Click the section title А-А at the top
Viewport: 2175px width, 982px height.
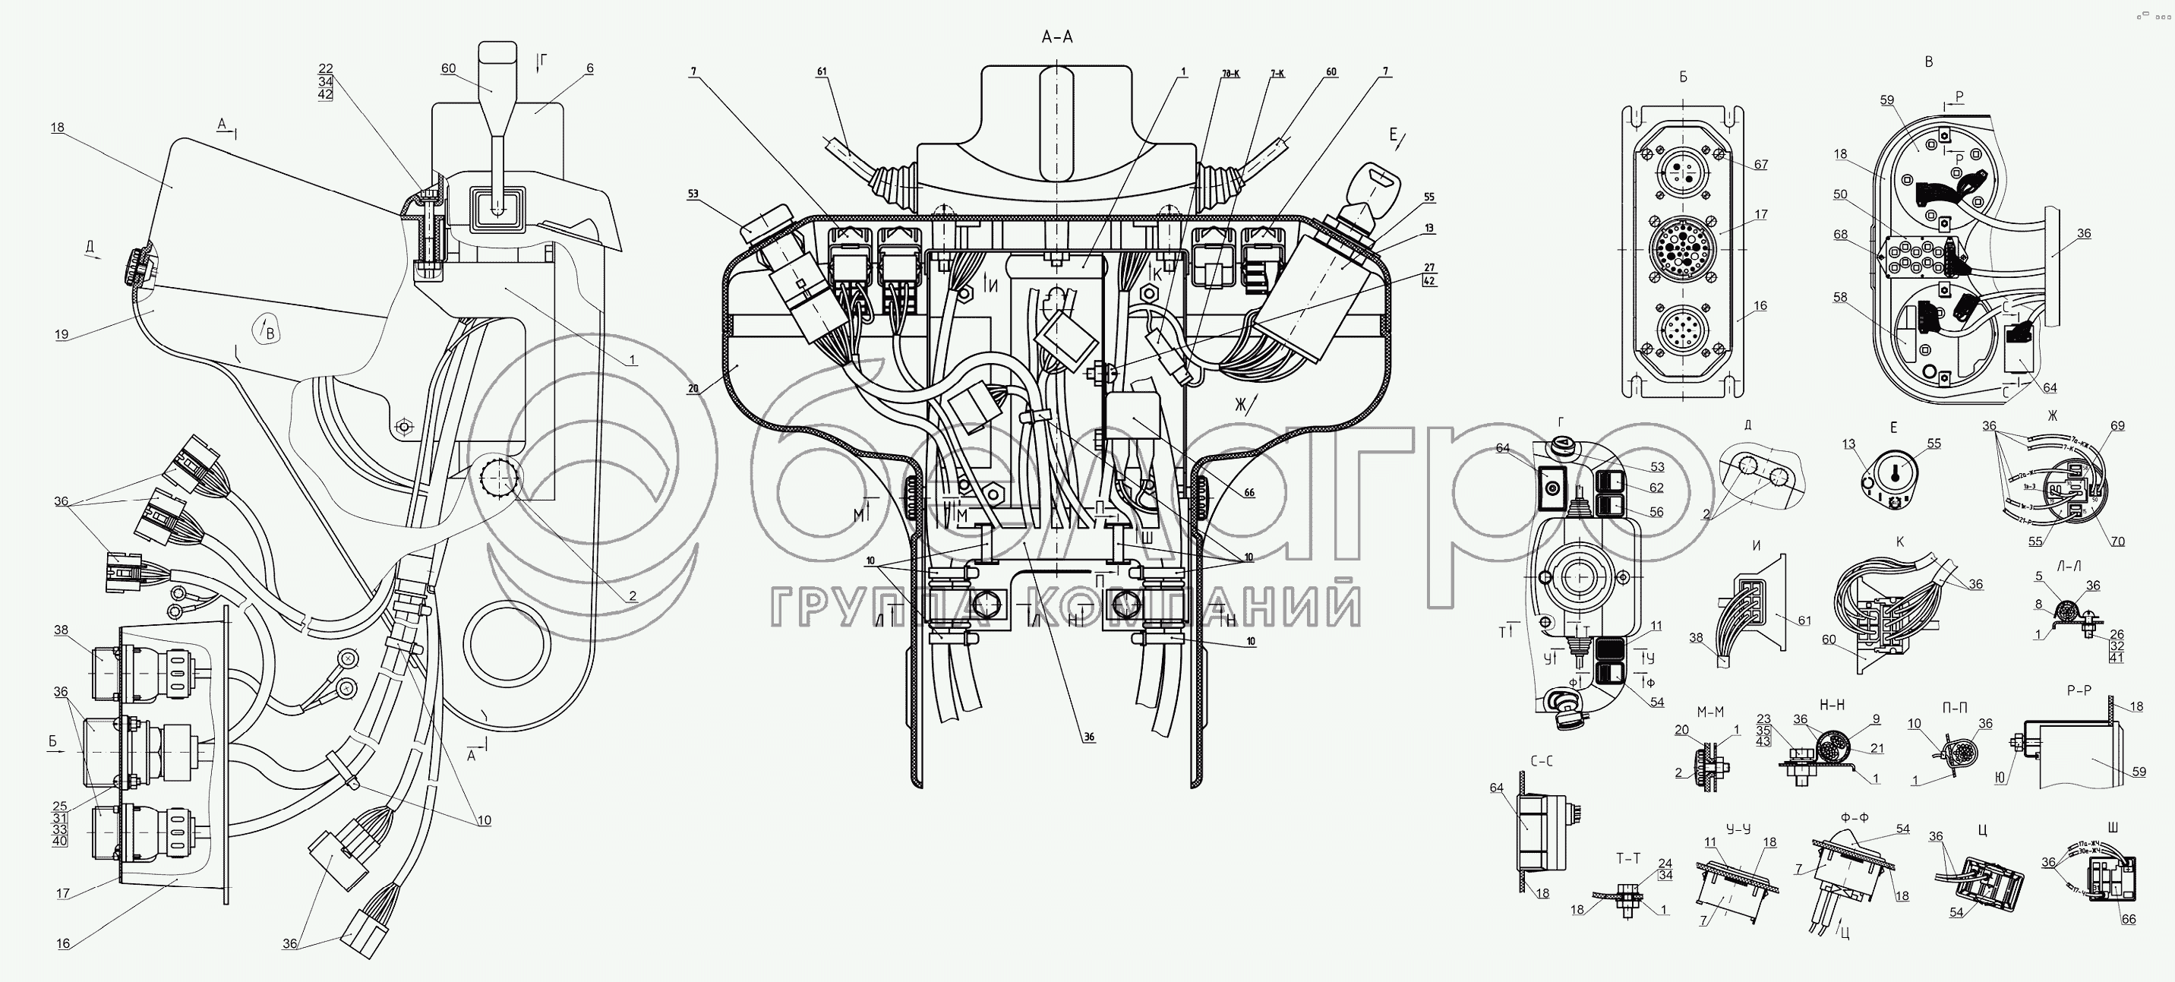(x=1057, y=37)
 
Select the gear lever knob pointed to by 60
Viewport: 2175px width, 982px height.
(x=497, y=66)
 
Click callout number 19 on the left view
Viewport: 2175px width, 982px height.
(x=62, y=334)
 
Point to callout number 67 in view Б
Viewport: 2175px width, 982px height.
(x=1760, y=165)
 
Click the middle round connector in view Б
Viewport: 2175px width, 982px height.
(x=1683, y=248)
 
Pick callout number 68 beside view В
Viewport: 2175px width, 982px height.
(x=1841, y=235)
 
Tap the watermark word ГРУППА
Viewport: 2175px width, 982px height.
(x=883, y=605)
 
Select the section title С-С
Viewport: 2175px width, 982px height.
(x=1541, y=761)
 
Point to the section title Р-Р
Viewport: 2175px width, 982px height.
(x=2079, y=690)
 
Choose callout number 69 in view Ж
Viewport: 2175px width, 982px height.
(x=2117, y=425)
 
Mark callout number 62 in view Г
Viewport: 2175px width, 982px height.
(x=1656, y=488)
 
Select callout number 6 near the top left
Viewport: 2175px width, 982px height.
(x=590, y=68)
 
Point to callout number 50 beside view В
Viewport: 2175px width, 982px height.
(x=1841, y=194)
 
